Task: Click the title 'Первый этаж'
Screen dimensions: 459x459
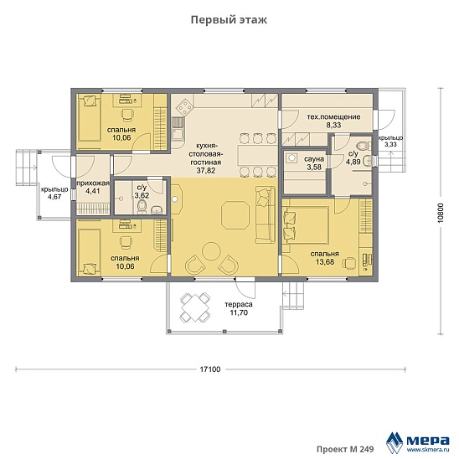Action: pos(229,20)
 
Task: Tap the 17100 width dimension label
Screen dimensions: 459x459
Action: pos(210,369)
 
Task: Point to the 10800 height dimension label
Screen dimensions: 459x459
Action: pos(441,213)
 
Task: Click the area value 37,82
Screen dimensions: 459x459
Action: pos(206,170)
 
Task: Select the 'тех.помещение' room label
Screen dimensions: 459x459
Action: pos(333,117)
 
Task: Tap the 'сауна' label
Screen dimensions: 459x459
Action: pos(314,159)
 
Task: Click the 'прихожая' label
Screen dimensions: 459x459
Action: pos(93,183)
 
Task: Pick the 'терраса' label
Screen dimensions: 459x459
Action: pos(239,304)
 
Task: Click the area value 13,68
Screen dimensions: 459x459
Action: pos(325,261)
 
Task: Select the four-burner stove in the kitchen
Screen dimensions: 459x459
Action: pos(184,106)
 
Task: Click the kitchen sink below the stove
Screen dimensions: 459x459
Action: pos(178,134)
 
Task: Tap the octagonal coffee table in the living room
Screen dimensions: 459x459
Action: pos(235,214)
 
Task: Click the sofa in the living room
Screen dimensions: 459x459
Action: pos(266,214)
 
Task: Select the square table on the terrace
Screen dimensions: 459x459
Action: pos(195,307)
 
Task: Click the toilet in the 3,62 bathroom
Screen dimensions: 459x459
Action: pos(142,207)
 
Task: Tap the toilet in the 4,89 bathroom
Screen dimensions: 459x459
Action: pos(363,145)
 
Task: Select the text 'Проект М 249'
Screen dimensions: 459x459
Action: pos(345,449)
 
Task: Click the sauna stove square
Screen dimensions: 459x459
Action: pos(291,157)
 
